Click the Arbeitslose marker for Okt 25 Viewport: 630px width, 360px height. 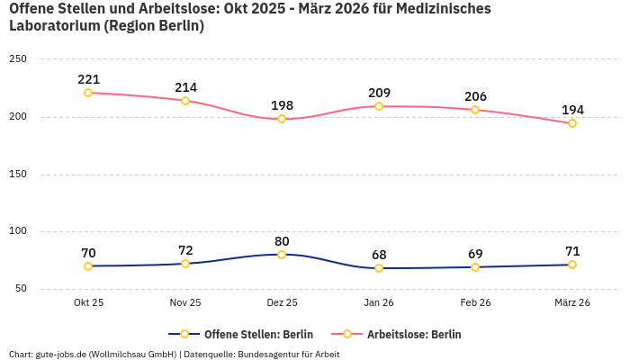pyautogui.click(x=88, y=93)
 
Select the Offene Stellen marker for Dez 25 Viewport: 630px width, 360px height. pyautogui.click(x=282, y=255)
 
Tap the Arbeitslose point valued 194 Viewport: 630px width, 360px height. pyautogui.click(x=572, y=123)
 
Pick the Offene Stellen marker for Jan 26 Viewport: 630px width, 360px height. pyautogui.click(x=379, y=268)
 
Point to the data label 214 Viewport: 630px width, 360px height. pyautogui.click(x=185, y=87)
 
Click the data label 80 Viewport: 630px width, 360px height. pyautogui.click(x=282, y=241)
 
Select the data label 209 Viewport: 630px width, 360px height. pyautogui.click(x=379, y=93)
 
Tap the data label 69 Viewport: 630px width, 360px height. pyautogui.click(x=475, y=254)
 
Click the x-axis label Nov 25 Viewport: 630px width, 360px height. pyautogui.click(x=185, y=303)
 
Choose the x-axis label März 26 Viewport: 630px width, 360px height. pyautogui.click(x=572, y=303)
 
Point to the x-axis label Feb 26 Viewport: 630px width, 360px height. pyautogui.click(x=475, y=303)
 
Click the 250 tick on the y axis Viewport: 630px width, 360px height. pyautogui.click(x=18, y=59)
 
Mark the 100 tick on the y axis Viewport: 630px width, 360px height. pyautogui.click(x=18, y=231)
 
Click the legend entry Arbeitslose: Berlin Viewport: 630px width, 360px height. pyautogui.click(x=414, y=334)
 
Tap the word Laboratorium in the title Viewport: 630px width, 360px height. pyautogui.click(x=55, y=26)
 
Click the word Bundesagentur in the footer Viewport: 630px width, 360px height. pyautogui.click(x=269, y=355)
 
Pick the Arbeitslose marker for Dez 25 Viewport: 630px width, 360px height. pyautogui.click(x=282, y=119)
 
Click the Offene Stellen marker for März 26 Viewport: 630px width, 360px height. pyautogui.click(x=572, y=265)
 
